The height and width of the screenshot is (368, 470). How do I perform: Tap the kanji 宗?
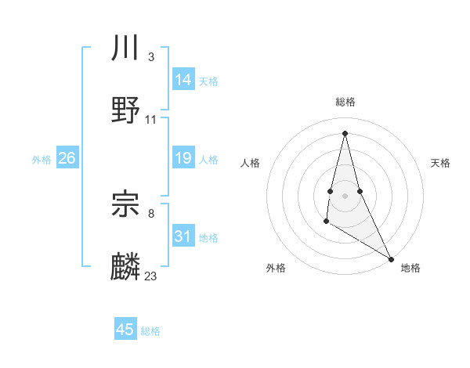tap(125, 205)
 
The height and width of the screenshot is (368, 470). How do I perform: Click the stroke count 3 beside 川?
tap(150, 56)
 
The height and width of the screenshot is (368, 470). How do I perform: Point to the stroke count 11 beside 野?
tap(151, 120)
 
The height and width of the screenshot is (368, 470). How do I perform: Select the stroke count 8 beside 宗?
tap(150, 213)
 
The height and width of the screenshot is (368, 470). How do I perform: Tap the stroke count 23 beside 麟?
tap(151, 276)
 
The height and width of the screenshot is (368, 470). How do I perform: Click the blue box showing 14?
tap(183, 80)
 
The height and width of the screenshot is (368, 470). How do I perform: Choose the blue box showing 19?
tap(183, 159)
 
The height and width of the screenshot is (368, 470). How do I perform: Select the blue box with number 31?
tap(183, 236)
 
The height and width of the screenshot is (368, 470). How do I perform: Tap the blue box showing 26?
tap(67, 159)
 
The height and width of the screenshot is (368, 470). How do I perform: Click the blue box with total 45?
tap(125, 330)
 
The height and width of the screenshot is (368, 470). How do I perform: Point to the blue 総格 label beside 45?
tap(150, 331)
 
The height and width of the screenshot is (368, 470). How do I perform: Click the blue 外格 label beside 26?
tap(42, 160)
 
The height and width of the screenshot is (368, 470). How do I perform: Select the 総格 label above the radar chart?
tap(345, 102)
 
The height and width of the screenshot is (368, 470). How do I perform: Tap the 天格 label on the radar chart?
tap(440, 163)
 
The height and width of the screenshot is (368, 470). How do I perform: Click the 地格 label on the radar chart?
tap(410, 268)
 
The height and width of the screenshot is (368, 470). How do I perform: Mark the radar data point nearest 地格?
tap(392, 259)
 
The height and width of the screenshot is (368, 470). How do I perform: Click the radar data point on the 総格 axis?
tap(345, 132)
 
